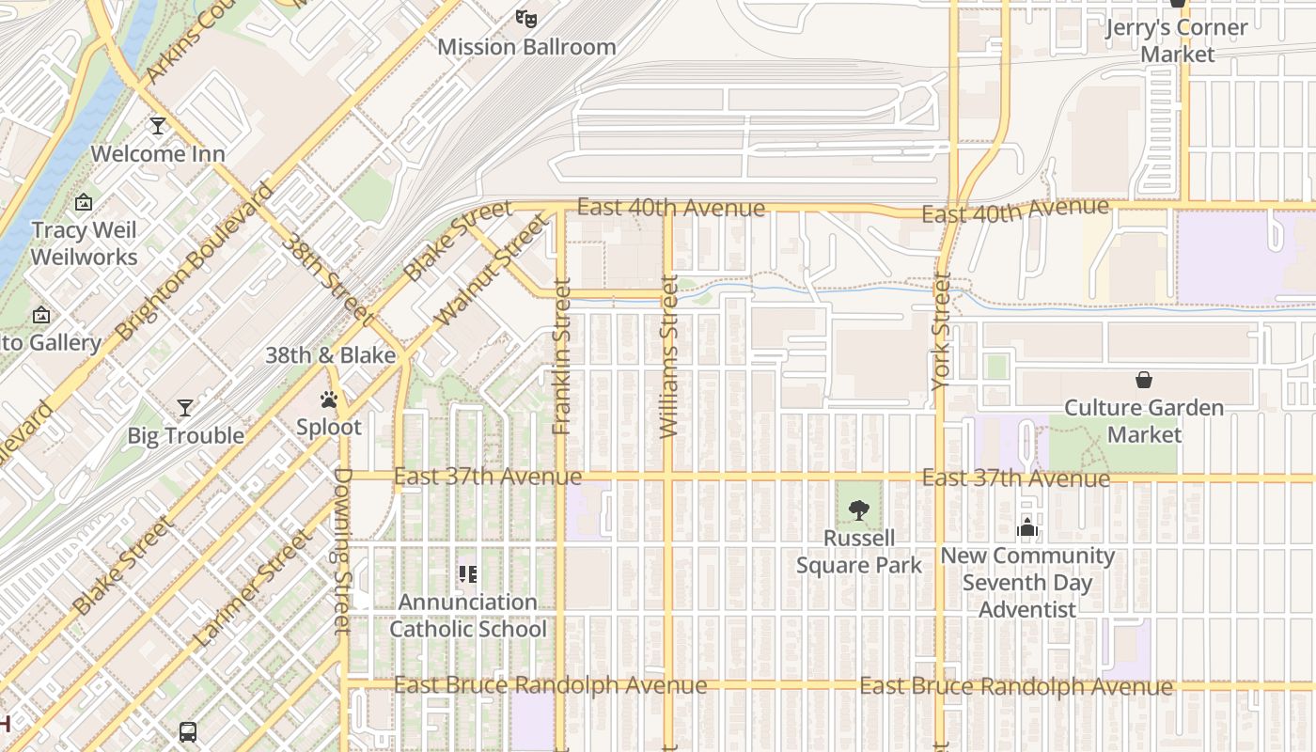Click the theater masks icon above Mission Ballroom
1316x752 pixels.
coord(526,18)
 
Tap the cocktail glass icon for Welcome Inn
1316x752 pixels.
coord(158,125)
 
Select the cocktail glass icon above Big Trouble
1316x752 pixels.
coord(185,407)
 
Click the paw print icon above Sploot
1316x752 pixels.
coord(328,399)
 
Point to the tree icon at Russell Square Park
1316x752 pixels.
coord(858,510)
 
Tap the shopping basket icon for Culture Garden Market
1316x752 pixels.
coord(1144,380)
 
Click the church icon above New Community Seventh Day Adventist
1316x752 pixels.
coord(1027,527)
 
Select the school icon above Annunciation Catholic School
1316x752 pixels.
coord(467,573)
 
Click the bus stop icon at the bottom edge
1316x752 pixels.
coord(188,731)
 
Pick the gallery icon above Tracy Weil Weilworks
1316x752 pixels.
coord(84,202)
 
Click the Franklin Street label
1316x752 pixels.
coord(562,357)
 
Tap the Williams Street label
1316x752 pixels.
coord(668,356)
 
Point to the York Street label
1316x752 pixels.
coord(941,331)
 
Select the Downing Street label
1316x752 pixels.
coord(342,551)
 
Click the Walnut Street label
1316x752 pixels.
coord(491,271)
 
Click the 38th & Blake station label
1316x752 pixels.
coord(330,355)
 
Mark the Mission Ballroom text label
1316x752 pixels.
coord(526,47)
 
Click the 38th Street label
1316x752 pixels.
coord(328,274)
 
